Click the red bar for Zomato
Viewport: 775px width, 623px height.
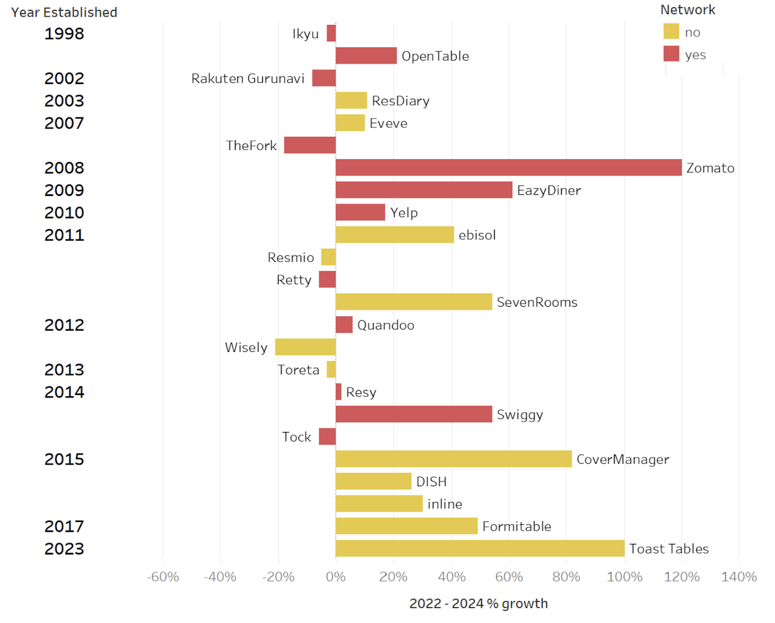tap(509, 168)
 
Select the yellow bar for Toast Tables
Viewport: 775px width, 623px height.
tap(480, 549)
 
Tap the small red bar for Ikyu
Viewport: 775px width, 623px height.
tap(331, 33)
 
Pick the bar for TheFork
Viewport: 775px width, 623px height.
tap(310, 145)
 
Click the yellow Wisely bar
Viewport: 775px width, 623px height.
tap(305, 347)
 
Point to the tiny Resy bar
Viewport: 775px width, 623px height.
tap(338, 392)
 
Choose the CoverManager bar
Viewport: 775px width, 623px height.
tap(453, 459)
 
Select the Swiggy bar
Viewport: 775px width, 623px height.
tap(414, 414)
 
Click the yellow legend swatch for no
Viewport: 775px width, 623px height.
tap(671, 31)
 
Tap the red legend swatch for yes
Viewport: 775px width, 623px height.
tap(671, 54)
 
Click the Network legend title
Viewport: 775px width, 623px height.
tap(687, 10)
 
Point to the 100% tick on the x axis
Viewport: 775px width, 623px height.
tap(624, 577)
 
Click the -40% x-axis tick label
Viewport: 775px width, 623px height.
tap(220, 577)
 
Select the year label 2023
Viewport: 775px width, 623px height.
tap(64, 549)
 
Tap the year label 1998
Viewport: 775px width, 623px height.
tap(64, 33)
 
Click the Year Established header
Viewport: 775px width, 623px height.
tap(64, 12)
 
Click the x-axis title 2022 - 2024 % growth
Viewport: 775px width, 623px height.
tap(478, 604)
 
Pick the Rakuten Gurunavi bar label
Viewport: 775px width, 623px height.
tap(248, 79)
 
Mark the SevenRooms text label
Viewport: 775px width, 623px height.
tap(537, 302)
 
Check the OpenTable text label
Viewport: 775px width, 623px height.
tap(435, 56)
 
